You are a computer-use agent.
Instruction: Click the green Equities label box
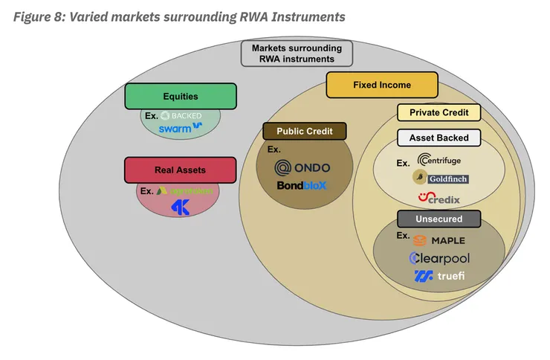click(181, 97)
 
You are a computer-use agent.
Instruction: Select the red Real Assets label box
click(180, 170)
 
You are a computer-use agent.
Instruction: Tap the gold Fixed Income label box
click(381, 85)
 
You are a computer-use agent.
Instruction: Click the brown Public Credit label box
click(305, 131)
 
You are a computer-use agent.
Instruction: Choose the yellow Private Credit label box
click(439, 112)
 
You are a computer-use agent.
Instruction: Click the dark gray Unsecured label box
click(439, 219)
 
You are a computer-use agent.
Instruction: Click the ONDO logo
click(302, 167)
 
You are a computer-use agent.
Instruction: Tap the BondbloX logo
click(301, 185)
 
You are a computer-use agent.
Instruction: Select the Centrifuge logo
click(444, 159)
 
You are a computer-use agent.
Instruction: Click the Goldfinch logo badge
click(441, 178)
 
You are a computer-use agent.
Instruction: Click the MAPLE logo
click(440, 240)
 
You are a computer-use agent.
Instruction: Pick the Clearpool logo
click(439, 258)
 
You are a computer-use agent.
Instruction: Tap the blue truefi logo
click(441, 277)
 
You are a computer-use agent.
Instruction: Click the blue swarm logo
click(181, 127)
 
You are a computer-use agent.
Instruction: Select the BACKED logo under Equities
click(181, 115)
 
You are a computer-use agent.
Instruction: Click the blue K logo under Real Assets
click(181, 208)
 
